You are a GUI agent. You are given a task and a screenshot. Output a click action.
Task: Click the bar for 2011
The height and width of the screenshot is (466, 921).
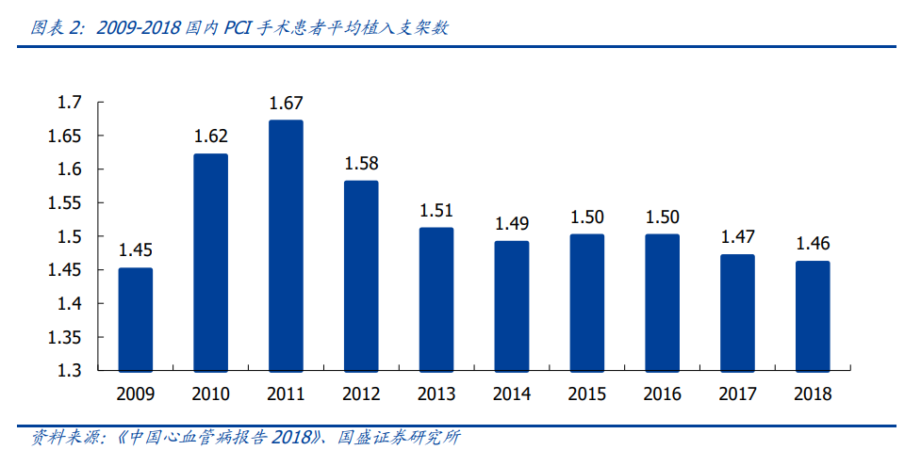coord(286,245)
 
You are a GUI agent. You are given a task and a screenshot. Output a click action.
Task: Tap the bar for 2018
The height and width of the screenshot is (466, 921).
coord(813,315)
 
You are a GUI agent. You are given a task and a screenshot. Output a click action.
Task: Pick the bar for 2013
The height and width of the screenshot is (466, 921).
coord(436,298)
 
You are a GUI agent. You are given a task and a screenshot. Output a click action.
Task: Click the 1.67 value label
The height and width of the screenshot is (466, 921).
coord(286,104)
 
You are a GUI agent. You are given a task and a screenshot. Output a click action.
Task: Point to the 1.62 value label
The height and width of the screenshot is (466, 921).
coord(211,137)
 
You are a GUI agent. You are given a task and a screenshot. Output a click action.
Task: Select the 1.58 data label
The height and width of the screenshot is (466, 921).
coord(361,164)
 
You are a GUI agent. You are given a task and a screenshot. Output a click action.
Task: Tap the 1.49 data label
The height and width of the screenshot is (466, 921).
coord(512,224)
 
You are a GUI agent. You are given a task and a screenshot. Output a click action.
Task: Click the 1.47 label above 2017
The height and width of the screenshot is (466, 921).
coord(737,237)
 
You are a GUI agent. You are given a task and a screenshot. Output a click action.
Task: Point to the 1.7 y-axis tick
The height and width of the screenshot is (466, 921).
coord(71,102)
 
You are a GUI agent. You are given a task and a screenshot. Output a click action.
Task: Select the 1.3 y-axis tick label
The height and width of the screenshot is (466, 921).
coord(71,371)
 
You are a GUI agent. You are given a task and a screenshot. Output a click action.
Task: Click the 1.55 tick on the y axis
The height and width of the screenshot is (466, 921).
coord(66,202)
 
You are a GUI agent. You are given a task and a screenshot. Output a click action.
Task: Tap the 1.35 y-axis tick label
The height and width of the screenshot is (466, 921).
coord(66,337)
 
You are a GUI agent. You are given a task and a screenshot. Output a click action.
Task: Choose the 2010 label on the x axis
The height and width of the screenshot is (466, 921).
coord(211,394)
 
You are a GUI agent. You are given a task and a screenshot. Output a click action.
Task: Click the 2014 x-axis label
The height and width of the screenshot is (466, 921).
coord(512,394)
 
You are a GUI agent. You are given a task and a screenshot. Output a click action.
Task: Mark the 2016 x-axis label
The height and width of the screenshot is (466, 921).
coord(662,394)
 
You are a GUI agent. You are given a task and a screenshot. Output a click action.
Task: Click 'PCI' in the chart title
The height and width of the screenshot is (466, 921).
coord(238,28)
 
